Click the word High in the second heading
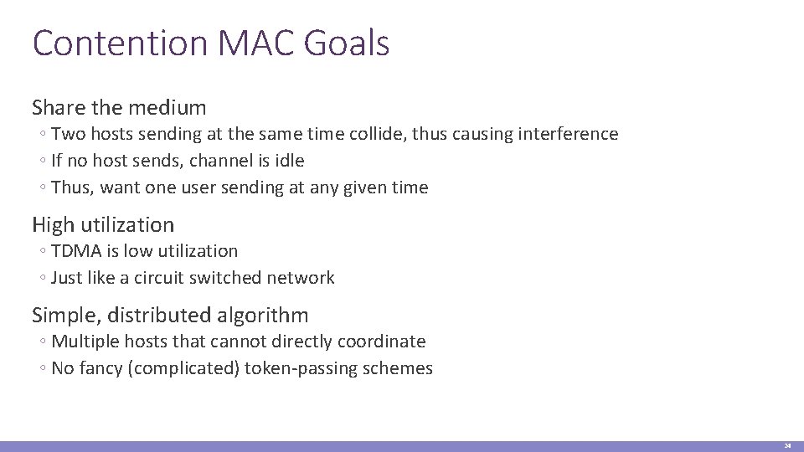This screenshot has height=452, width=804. point(52,224)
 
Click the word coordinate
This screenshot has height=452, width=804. point(382,342)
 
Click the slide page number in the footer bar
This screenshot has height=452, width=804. point(787,445)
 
